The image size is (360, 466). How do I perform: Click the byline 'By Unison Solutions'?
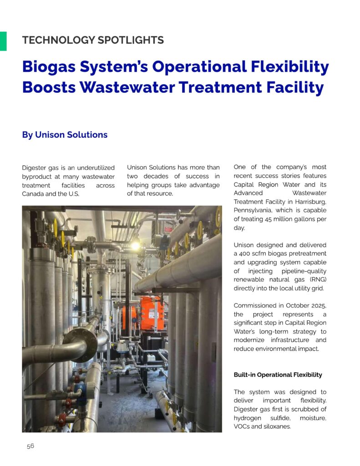click(x=65, y=135)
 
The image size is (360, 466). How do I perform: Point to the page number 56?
click(x=30, y=446)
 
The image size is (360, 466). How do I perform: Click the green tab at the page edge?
click(x=3, y=41)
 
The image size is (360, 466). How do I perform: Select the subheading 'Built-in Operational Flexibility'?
click(x=278, y=375)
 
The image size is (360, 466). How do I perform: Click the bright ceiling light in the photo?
click(x=135, y=245)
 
